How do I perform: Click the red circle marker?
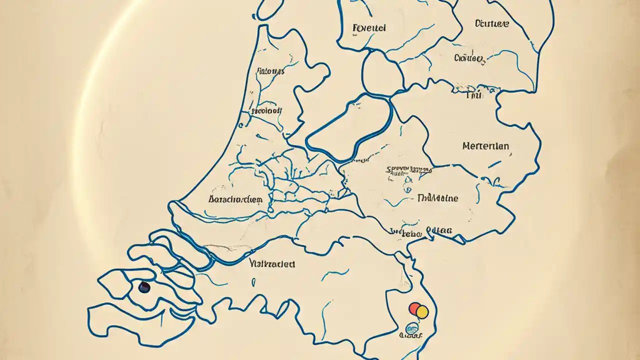tap(414, 308)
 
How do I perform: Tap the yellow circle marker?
tap(422, 312)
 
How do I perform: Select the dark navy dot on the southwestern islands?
tap(144, 287)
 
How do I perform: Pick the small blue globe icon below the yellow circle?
tap(412, 328)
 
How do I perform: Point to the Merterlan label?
tap(486, 146)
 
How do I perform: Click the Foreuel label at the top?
tap(369, 28)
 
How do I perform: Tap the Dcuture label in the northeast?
tap(491, 23)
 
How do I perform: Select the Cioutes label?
tap(469, 58)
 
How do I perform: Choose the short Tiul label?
tap(473, 95)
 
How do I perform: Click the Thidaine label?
tap(437, 198)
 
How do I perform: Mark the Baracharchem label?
tap(235, 199)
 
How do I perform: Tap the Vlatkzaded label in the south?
tap(271, 263)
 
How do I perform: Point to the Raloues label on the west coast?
tap(270, 71)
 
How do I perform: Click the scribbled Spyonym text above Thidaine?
tap(408, 170)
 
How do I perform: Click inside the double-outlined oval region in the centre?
tap(350, 127)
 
